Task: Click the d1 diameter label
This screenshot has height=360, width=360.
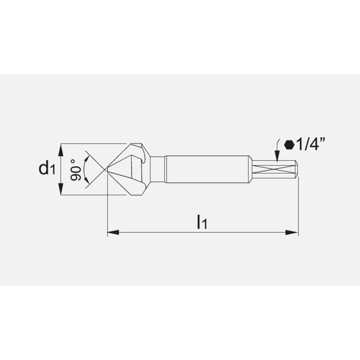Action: (46, 168)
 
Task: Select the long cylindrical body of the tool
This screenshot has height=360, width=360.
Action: (207, 169)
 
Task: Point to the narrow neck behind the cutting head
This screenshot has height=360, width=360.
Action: (157, 169)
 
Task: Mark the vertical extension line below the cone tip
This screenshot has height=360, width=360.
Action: (108, 212)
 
